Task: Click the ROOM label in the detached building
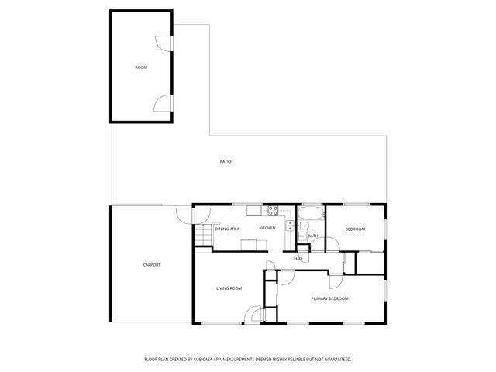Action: coord(141,68)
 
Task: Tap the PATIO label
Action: coord(226,161)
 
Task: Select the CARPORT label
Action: coord(152,265)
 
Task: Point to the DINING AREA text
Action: coord(227,229)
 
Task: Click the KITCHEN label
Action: coord(267,228)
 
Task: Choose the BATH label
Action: coord(313,236)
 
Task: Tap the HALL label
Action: coord(298,258)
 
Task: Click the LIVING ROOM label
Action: coord(229,288)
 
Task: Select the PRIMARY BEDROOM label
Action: coord(329,298)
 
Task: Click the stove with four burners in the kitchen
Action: coord(273,210)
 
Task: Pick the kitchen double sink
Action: coord(288,226)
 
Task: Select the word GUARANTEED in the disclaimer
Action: coord(339,360)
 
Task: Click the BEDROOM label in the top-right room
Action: coord(355,229)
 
